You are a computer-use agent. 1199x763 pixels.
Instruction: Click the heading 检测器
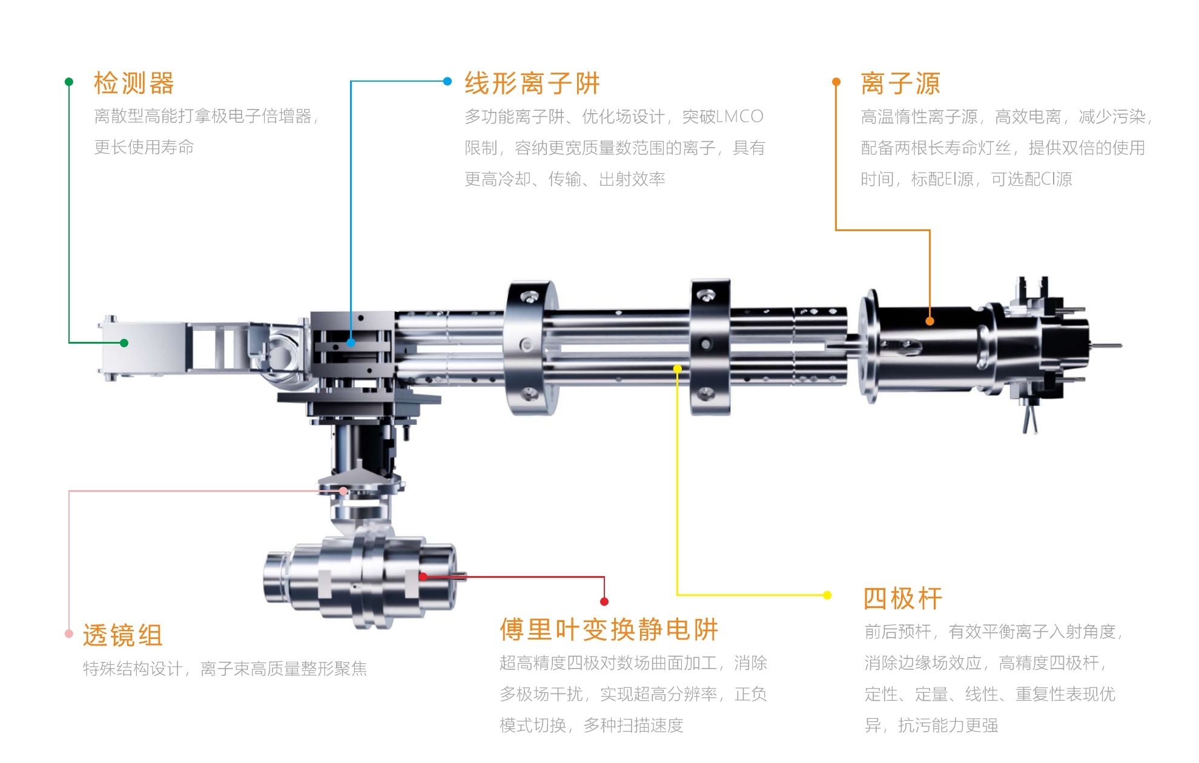pos(134,84)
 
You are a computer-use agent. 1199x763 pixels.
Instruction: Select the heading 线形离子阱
pos(532,84)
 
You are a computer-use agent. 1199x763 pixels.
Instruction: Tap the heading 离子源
pos(900,84)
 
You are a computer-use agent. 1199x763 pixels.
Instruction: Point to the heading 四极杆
pos(902,599)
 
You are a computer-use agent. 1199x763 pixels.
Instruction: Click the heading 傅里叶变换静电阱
pos(609,630)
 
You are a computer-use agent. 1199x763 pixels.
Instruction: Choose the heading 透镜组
pos(123,636)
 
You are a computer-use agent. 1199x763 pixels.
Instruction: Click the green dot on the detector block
pos(124,343)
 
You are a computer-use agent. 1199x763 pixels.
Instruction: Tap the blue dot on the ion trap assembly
pos(351,342)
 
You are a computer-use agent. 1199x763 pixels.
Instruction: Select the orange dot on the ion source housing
pos(930,321)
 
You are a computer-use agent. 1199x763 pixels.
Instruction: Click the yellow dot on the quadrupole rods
pos(678,368)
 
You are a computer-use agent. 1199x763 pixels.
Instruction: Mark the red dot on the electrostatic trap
pos(423,577)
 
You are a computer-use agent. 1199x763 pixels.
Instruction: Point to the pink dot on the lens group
pos(343,491)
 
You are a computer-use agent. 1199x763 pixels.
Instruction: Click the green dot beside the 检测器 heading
pos(69,82)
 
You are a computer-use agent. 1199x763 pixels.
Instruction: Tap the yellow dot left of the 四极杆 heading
pos(827,595)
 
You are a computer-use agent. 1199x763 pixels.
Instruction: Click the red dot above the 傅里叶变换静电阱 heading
pos(604,601)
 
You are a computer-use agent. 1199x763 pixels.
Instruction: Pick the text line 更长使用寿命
pos(144,147)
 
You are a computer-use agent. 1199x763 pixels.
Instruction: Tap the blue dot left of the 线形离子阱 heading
pos(448,81)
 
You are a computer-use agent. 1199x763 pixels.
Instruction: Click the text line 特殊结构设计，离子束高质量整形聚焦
pos(225,669)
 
